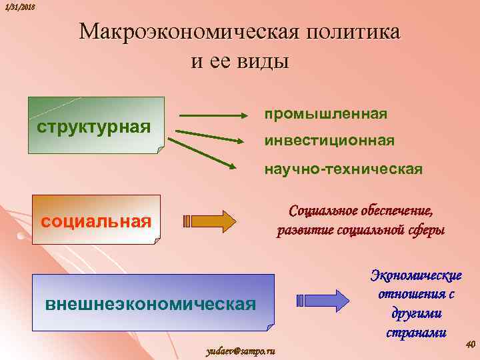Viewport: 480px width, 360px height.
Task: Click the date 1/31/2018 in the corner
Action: pyautogui.click(x=19, y=7)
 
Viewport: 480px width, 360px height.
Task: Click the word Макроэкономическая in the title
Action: pyautogui.click(x=189, y=33)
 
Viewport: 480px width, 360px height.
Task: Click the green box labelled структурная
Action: pyautogui.click(x=97, y=125)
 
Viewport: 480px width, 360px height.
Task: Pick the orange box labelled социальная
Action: pyautogui.click(x=97, y=221)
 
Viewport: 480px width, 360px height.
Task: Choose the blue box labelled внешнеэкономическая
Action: pyautogui.click(x=151, y=303)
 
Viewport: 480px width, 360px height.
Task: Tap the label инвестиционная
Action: pyautogui.click(x=329, y=141)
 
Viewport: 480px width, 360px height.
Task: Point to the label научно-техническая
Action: pyautogui.click(x=343, y=169)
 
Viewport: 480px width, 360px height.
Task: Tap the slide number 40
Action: pyautogui.click(x=469, y=344)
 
